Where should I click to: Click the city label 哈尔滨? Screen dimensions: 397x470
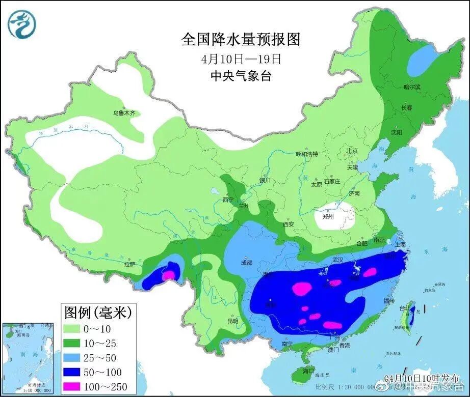pyautogui.click(x=412, y=87)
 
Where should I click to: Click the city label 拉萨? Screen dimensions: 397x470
pyautogui.click(x=129, y=264)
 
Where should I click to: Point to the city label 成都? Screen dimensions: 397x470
pyautogui.click(x=246, y=263)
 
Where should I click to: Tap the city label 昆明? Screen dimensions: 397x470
pyautogui.click(x=232, y=321)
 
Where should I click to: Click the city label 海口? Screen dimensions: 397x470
pyautogui.click(x=308, y=371)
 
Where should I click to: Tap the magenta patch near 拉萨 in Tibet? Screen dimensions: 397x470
pyautogui.click(x=168, y=275)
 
